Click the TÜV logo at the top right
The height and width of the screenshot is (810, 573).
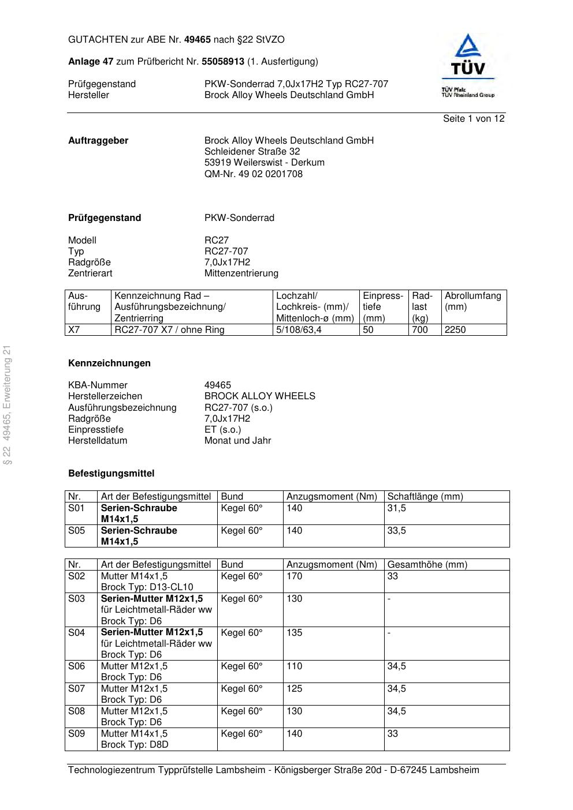468,65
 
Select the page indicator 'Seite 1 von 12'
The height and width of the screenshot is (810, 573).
473,119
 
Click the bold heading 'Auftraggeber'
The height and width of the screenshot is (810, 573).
98,141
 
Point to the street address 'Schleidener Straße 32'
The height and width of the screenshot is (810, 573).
252,152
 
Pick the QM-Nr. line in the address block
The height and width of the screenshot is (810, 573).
253,174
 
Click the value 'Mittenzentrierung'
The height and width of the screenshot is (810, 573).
241,273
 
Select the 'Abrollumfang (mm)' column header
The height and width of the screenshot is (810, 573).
472,301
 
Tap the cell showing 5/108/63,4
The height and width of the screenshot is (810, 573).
299,330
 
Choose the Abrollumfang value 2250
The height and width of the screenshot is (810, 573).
455,330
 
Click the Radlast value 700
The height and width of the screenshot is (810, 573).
420,330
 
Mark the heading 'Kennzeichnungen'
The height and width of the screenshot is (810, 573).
109,363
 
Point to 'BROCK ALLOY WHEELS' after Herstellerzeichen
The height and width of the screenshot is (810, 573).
259,396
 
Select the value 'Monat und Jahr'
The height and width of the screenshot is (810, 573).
237,441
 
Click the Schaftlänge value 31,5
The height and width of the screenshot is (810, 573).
396,508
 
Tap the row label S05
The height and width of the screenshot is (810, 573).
76,531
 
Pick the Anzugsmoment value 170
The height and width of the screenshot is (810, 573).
294,576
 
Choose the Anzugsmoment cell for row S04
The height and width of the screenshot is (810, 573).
294,633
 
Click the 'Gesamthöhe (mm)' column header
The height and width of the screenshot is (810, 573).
427,565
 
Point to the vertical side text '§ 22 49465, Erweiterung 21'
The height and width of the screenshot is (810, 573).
8,404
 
